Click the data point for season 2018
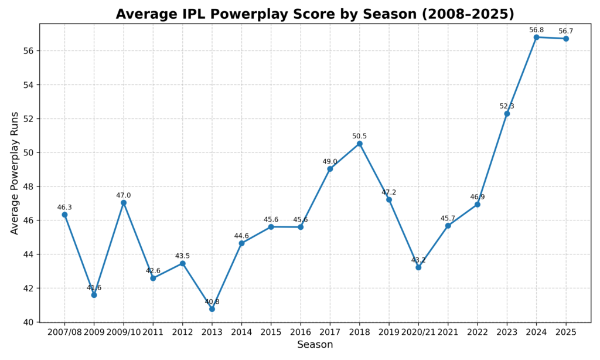360,144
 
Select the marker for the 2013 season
212,309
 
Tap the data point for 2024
536,37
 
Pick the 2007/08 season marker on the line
64,215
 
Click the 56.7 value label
566,31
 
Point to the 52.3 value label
507,106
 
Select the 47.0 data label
124,195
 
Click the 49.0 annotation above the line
330,162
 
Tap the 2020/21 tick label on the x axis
418,332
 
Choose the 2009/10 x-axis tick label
124,332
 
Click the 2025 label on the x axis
566,332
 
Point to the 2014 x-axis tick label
241,332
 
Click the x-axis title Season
315,345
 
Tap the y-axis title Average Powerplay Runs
15,173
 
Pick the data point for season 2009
94,295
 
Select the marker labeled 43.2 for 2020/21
418,267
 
